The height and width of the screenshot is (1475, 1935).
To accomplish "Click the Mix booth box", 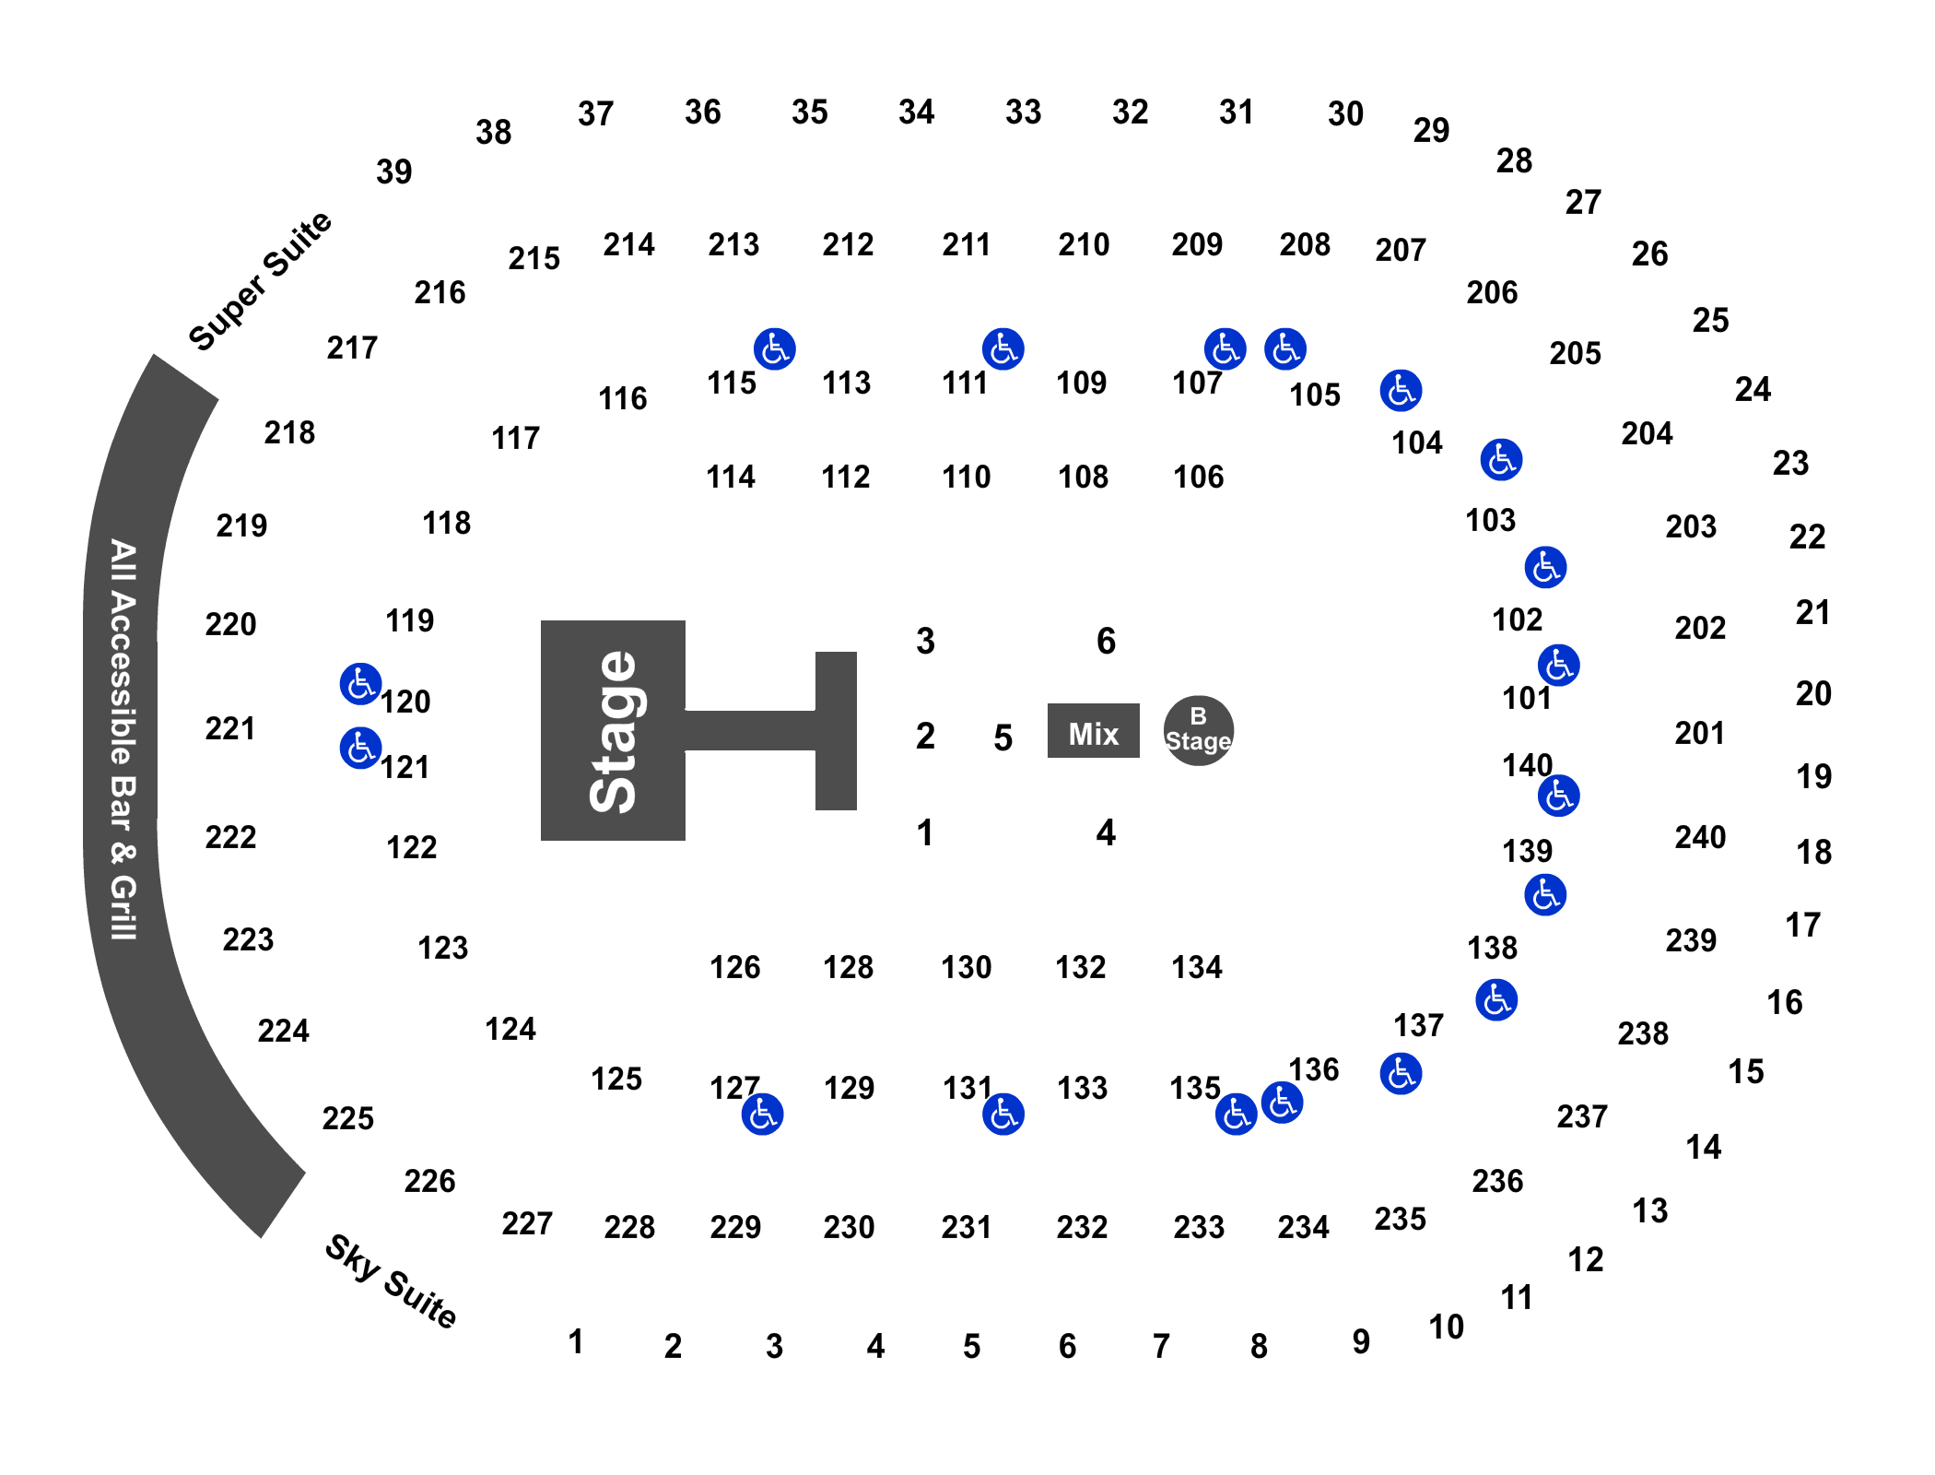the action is [1093, 731].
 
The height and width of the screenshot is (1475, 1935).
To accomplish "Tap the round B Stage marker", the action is [1198, 730].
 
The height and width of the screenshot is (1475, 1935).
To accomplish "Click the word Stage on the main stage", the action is [614, 731].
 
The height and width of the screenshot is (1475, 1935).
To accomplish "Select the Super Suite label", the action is [260, 281].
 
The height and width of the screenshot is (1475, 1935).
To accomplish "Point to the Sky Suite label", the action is [391, 1281].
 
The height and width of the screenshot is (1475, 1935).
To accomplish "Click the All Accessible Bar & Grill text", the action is [123, 739].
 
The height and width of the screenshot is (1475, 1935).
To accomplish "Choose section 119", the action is [410, 620].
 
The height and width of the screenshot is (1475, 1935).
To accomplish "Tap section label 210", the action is [1084, 244].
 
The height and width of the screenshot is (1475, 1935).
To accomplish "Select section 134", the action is [1197, 967].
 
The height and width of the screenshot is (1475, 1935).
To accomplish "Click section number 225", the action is [348, 1118].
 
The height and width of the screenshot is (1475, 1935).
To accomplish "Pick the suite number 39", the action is [394, 171].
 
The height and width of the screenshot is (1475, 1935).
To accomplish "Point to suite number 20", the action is [1813, 693].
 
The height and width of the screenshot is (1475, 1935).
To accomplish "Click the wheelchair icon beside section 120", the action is [360, 684].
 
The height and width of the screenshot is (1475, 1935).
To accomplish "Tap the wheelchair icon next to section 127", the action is [762, 1115].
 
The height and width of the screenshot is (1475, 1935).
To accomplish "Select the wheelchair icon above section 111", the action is [1003, 349].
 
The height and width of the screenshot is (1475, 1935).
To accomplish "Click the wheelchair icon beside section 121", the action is [360, 748].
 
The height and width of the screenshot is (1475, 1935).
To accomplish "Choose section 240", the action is [1700, 837].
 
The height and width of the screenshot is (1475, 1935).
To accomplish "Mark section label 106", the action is [1199, 477].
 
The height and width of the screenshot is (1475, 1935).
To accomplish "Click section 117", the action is [515, 438].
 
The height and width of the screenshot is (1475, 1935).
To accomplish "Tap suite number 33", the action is [1024, 112].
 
